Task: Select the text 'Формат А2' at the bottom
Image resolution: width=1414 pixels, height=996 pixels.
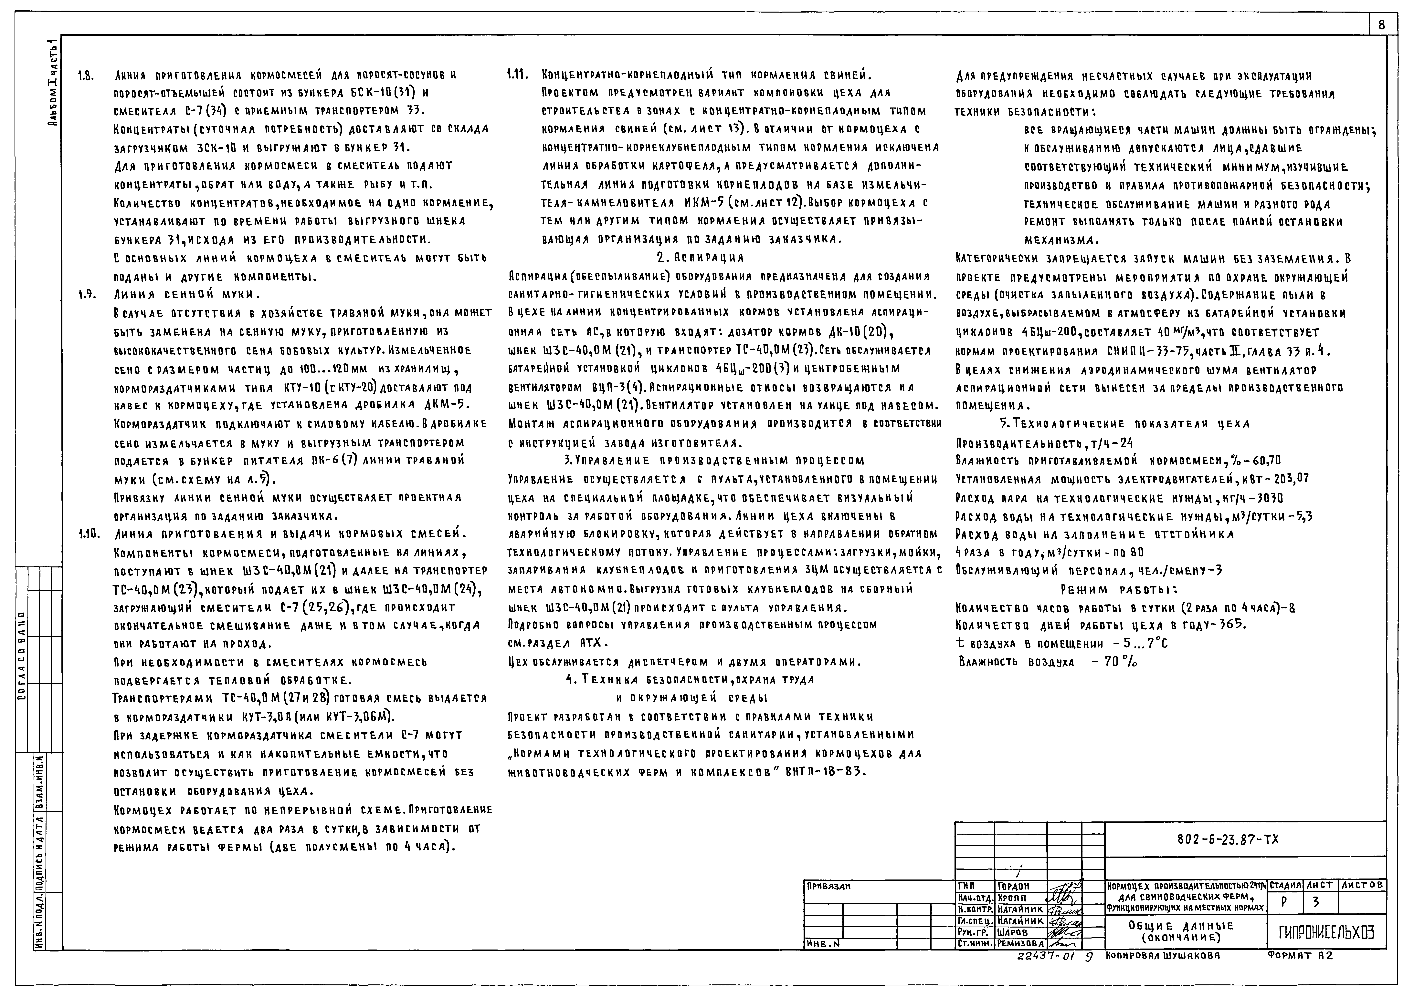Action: point(1299,956)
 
